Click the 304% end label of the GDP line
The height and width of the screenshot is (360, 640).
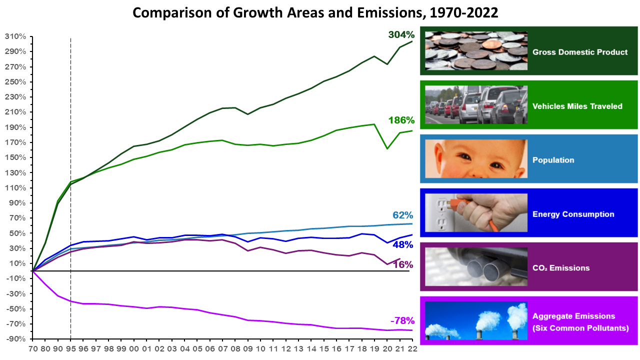401,34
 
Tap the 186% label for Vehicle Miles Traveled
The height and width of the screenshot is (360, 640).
401,120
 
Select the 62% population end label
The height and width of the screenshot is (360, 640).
402,215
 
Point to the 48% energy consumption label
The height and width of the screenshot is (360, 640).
402,244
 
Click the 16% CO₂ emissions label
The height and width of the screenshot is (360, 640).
403,264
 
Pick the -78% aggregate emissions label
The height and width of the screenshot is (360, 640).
401,320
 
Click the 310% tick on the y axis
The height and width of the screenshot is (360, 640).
15,36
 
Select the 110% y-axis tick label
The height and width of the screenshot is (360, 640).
15,188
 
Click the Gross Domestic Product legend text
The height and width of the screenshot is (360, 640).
580,52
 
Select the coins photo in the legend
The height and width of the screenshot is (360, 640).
476,51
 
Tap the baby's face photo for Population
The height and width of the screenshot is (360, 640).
476,158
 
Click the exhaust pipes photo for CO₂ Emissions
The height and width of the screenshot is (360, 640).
476,267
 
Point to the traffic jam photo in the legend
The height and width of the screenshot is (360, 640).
476,105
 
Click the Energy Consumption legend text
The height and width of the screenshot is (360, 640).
573,214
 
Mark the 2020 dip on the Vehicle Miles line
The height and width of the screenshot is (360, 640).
386,148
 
